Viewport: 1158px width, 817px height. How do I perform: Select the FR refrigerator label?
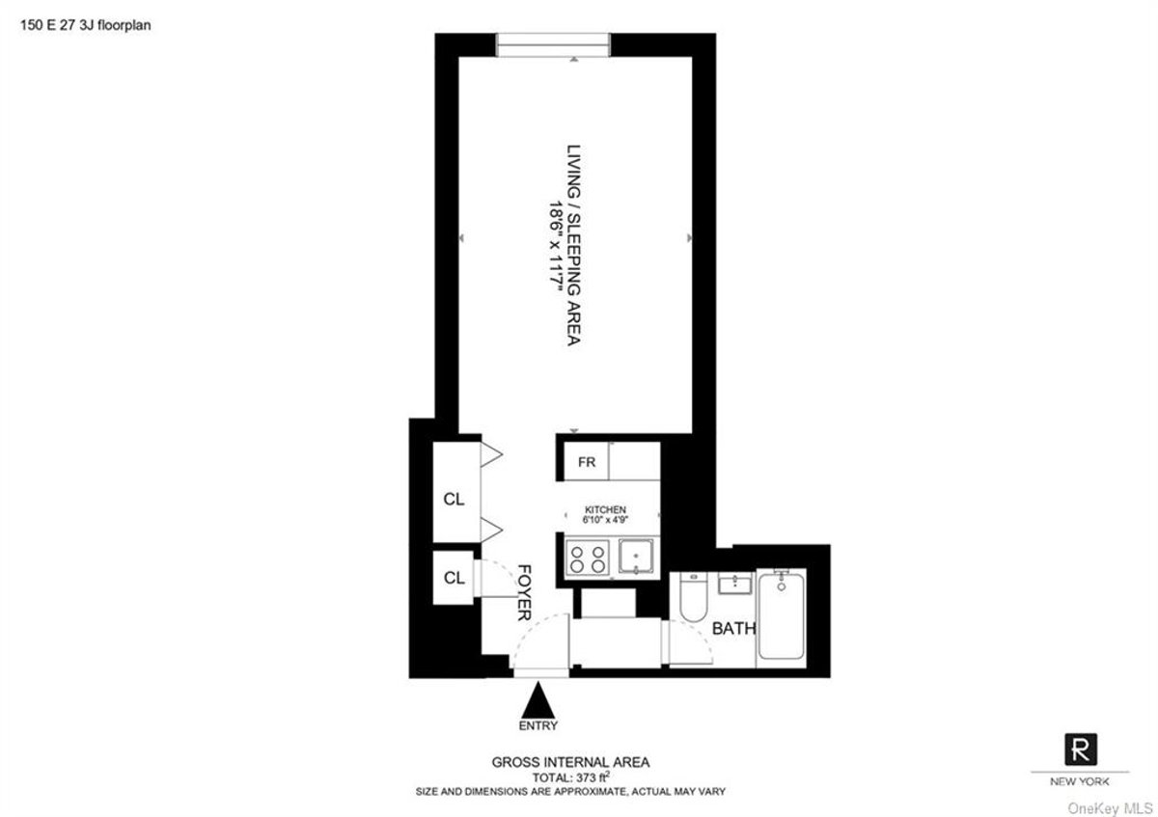click(x=587, y=462)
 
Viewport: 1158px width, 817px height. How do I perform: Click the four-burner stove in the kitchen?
click(x=588, y=558)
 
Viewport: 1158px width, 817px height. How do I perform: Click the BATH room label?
click(x=733, y=629)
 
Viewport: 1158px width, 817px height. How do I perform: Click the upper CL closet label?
click(x=454, y=500)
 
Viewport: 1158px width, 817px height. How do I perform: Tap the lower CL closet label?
click(x=454, y=578)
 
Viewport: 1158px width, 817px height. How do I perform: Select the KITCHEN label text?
click(x=606, y=509)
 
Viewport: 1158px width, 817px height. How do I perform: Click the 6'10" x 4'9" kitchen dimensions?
click(x=606, y=520)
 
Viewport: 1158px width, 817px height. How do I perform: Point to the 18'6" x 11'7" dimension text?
click(x=557, y=246)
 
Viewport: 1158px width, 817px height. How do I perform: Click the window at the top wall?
click(x=554, y=44)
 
